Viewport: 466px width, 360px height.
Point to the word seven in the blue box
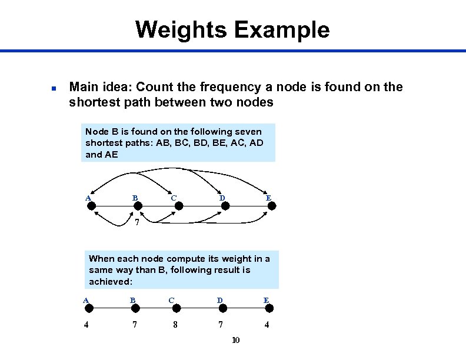[x=249, y=131]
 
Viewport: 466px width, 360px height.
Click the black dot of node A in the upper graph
[x=95, y=205]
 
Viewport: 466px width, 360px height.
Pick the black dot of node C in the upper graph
[x=181, y=205]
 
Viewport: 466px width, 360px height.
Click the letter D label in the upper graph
[x=222, y=198]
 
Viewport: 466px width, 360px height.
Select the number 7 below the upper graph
[x=137, y=223]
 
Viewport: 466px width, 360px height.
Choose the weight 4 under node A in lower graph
[x=86, y=324]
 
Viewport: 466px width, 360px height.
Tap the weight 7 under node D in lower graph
[x=220, y=324]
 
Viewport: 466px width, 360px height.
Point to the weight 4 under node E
[x=267, y=324]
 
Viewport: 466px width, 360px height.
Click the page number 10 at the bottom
[x=236, y=340]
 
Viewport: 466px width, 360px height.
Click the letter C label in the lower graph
[x=171, y=300]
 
